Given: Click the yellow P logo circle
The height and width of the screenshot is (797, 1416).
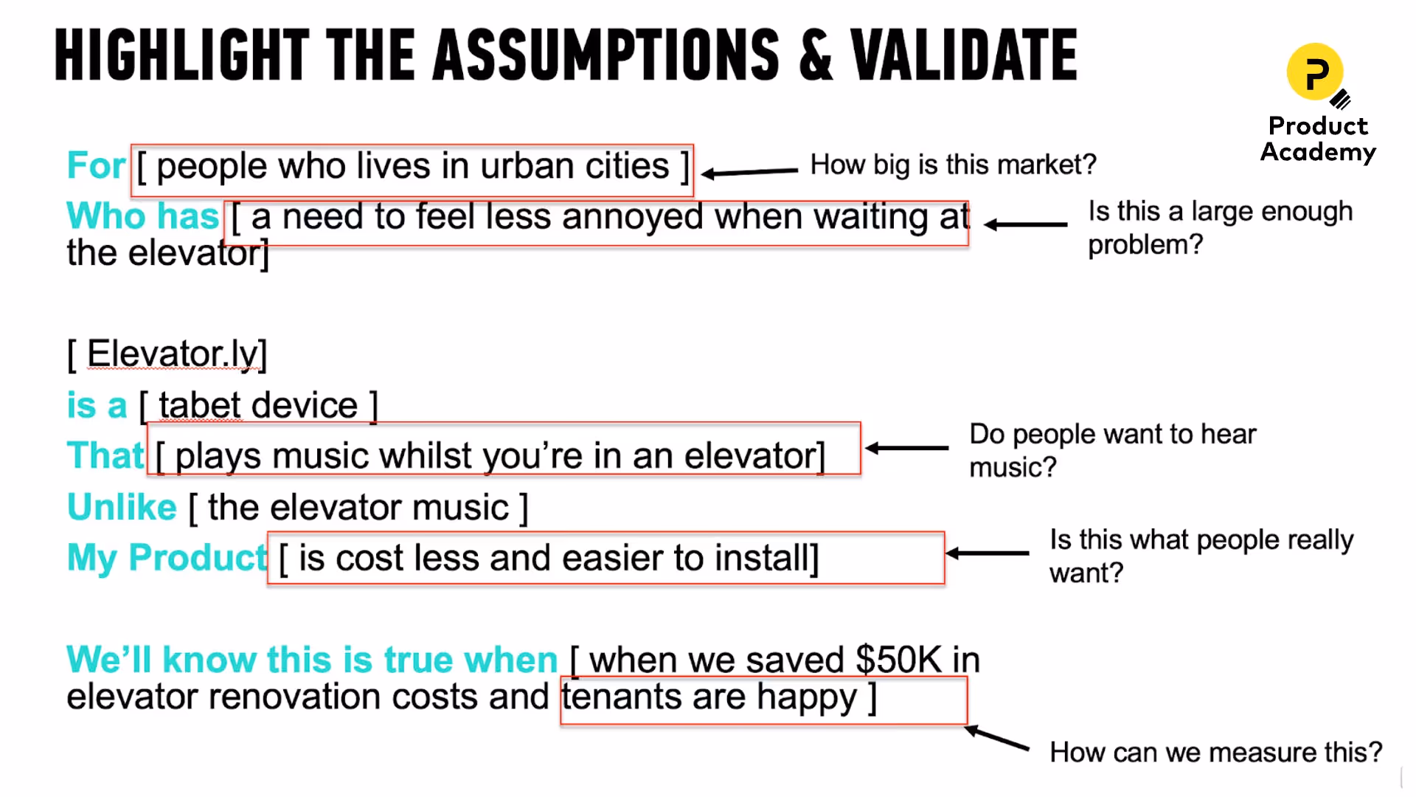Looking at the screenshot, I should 1314,72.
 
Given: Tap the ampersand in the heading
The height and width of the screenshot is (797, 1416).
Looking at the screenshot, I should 816,56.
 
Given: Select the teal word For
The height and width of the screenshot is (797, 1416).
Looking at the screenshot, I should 96,165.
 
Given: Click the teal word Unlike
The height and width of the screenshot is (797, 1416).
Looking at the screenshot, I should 122,507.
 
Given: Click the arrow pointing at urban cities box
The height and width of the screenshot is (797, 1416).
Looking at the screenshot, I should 749,172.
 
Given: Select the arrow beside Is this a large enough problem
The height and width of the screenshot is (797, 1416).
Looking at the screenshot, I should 1025,224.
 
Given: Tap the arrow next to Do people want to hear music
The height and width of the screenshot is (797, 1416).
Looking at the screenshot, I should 907,448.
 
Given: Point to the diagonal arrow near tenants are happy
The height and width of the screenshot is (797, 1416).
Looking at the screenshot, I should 997,738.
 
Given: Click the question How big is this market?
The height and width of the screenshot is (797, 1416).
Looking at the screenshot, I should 953,165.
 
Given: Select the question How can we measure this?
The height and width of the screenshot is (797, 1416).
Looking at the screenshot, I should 1215,752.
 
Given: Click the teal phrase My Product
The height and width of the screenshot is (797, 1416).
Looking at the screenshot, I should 166,557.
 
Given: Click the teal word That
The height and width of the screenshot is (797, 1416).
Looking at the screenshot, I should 105,455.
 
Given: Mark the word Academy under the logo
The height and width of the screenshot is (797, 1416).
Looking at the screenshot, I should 1318,152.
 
